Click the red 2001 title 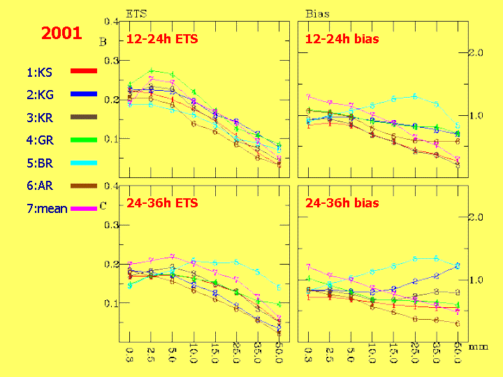[x=61, y=33]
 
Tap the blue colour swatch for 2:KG [x=83, y=94]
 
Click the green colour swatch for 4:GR [x=83, y=140]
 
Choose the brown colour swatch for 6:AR [x=83, y=186]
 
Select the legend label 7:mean [x=48, y=208]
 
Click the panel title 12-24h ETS [x=161, y=39]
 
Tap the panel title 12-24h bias [x=342, y=39]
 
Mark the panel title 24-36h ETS [x=162, y=203]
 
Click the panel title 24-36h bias [x=342, y=203]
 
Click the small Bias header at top [x=318, y=13]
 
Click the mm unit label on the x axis [x=478, y=345]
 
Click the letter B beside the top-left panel [x=103, y=42]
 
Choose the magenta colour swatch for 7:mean [x=83, y=209]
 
